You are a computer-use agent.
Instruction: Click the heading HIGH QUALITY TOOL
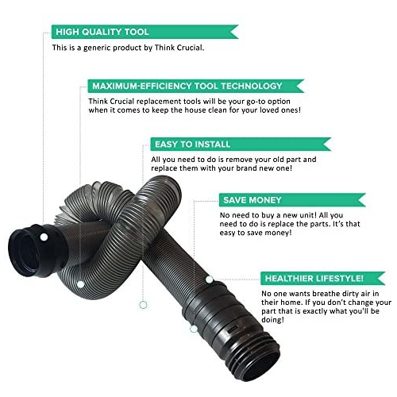102,32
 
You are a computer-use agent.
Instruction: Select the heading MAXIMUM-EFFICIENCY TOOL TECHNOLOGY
187,86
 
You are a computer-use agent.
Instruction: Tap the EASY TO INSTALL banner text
192,145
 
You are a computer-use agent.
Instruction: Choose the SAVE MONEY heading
252,200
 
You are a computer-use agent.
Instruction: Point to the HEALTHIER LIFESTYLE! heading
314,279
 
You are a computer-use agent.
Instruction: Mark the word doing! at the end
272,320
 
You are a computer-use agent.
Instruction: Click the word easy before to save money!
227,233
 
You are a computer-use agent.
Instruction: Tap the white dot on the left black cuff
44,237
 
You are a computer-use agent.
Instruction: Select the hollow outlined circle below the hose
143,305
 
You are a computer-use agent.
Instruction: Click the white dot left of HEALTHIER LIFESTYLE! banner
209,279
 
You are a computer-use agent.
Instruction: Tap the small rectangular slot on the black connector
233,329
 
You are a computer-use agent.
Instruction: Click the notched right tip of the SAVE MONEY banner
358,200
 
